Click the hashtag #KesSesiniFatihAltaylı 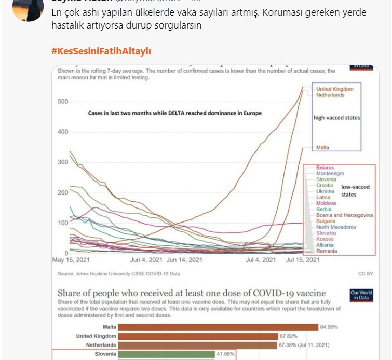101,51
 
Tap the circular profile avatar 28,9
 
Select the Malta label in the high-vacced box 322,148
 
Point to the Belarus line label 326,168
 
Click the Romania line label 327,251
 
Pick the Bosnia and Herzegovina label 344,215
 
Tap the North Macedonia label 336,227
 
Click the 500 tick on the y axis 63,101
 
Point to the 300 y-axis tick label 63,162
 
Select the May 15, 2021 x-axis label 72,260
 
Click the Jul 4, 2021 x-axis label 261,260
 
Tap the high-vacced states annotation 336,118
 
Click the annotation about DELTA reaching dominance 174,113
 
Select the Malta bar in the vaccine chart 218,327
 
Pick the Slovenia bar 166,354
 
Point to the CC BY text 366,273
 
